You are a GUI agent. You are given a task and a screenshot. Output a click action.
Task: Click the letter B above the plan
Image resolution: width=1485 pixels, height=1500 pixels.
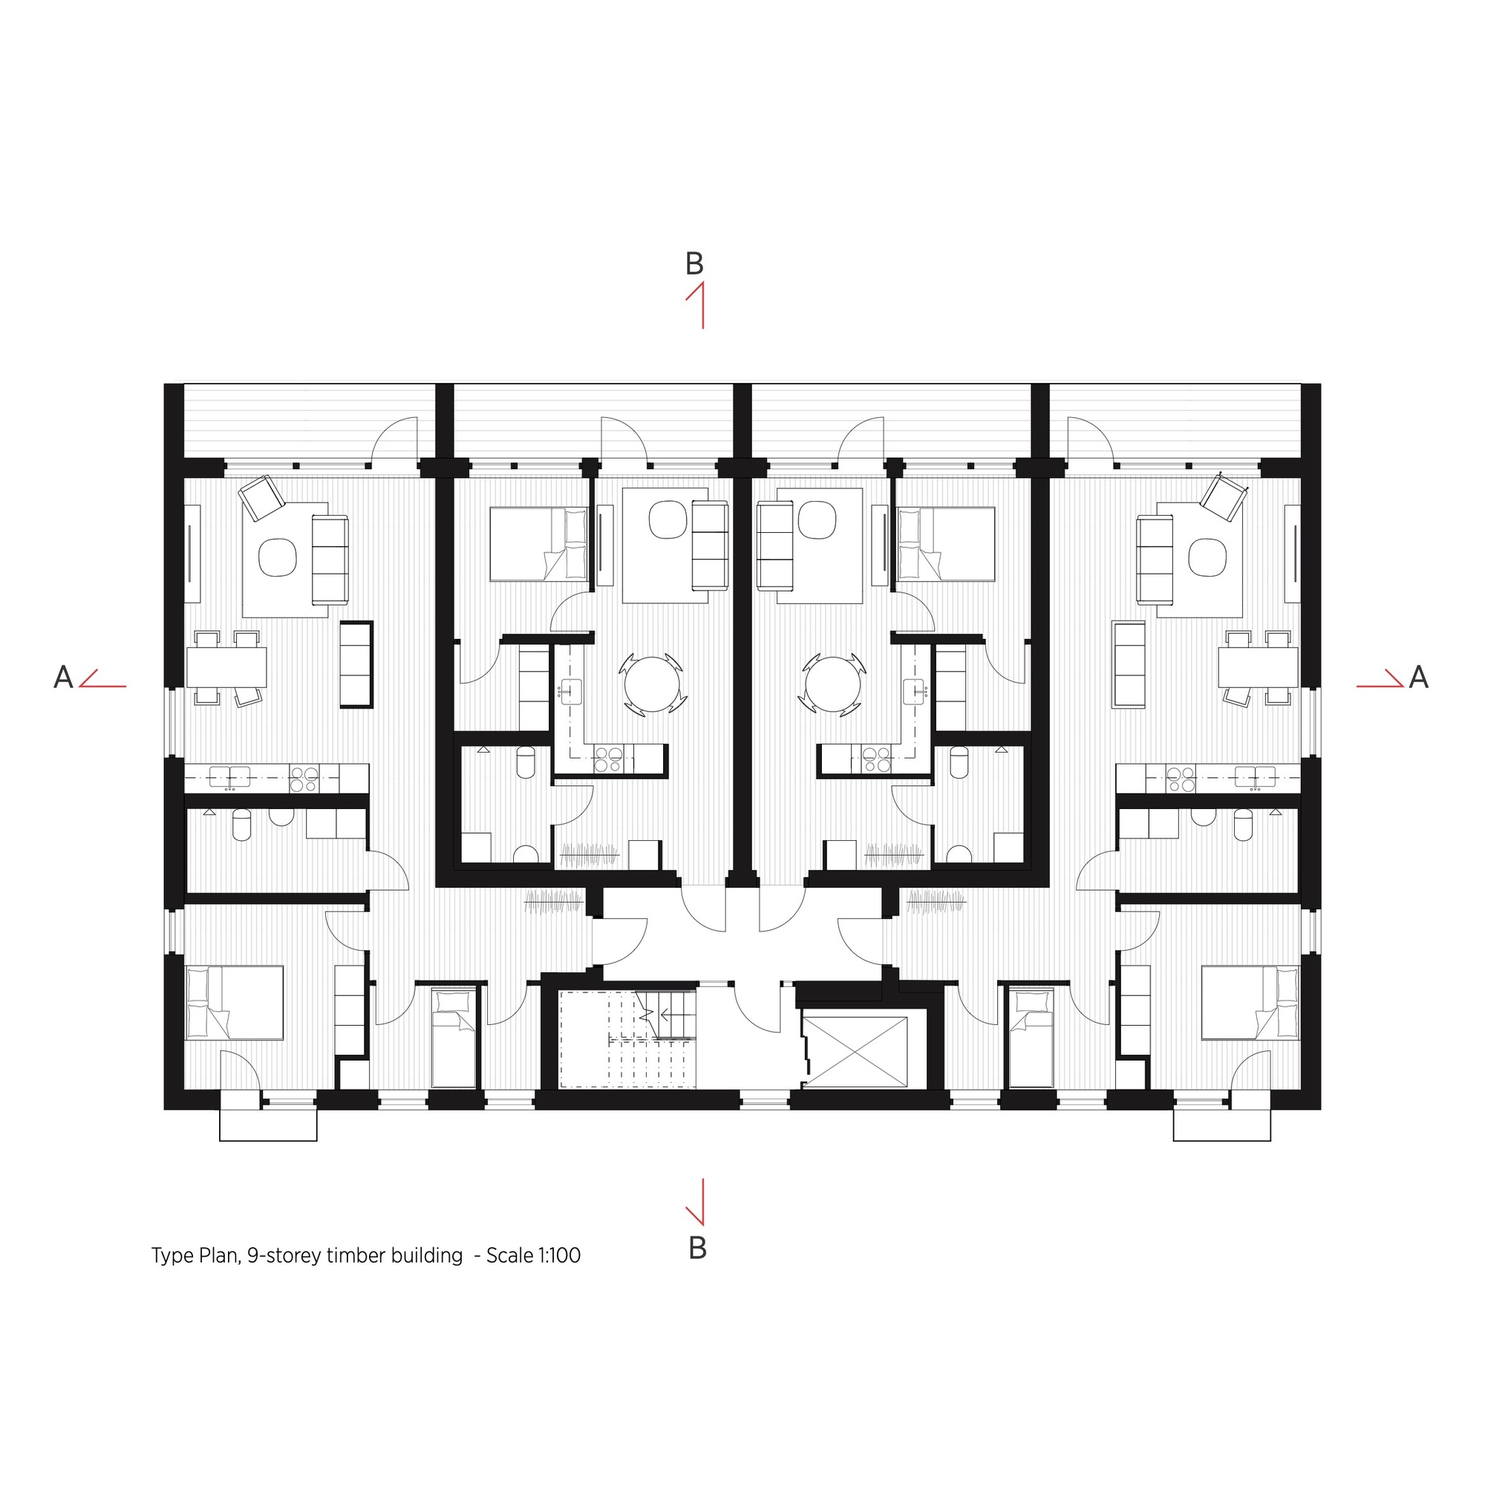point(693,265)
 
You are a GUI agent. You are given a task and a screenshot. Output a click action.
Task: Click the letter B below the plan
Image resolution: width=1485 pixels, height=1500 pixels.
point(696,1248)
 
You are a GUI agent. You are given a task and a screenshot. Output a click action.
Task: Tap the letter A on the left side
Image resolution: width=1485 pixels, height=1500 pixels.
point(63,678)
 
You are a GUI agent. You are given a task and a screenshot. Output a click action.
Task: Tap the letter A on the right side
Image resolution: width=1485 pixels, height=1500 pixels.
point(1418,678)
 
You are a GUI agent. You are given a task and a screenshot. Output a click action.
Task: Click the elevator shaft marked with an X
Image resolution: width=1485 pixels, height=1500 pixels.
point(854,1052)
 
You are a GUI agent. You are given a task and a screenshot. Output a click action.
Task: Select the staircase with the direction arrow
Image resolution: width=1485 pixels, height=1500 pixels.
point(627,1039)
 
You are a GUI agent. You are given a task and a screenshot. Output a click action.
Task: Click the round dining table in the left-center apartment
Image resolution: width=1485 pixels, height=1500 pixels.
point(652,684)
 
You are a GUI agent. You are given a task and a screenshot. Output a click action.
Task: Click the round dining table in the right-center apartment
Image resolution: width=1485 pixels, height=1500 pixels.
point(832,684)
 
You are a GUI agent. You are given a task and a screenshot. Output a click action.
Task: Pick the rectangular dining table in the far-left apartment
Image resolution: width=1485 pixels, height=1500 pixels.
point(226,667)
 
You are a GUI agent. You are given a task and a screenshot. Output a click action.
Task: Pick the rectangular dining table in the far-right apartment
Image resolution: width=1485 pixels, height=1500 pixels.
point(1258,667)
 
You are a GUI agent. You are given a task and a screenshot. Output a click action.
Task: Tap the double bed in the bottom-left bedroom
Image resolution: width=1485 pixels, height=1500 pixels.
point(234,1002)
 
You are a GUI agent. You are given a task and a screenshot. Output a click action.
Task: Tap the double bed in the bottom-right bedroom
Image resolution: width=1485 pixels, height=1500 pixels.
point(1250,1002)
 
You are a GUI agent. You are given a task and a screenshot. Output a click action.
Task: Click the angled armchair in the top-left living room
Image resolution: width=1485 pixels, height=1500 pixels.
point(262,497)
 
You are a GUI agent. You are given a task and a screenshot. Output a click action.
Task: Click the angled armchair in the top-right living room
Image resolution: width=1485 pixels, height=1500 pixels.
point(1222,497)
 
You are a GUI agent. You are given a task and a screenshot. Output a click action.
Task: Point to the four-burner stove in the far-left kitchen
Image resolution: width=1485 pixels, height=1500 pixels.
point(304,779)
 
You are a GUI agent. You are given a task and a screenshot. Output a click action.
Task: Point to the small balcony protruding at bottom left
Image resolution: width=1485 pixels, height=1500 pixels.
point(268,1124)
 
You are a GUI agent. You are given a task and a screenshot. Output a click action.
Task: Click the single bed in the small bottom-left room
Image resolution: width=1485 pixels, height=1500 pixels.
point(453,1038)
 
